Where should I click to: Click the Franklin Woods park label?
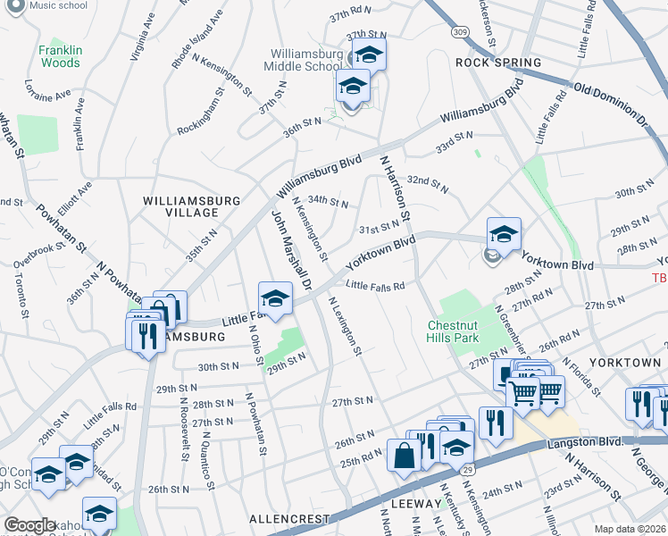click(x=60, y=57)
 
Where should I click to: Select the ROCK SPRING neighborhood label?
click(x=498, y=63)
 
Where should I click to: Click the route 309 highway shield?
click(x=459, y=31)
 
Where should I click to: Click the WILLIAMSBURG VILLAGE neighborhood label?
click(x=180, y=206)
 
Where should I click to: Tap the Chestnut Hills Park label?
click(x=453, y=331)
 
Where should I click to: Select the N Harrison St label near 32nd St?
click(x=394, y=188)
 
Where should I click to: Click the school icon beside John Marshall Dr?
click(x=276, y=299)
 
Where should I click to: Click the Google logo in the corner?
click(x=29, y=525)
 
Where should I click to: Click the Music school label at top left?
click(x=58, y=5)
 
